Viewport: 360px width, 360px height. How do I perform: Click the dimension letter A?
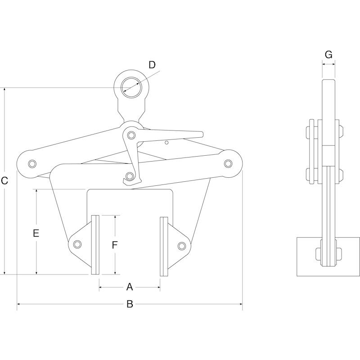[130, 287]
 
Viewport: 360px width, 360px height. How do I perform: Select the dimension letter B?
[130, 304]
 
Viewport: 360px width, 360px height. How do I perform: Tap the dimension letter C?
[4, 181]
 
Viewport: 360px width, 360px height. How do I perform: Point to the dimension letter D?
[152, 65]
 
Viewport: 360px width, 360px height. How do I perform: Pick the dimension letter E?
[36, 233]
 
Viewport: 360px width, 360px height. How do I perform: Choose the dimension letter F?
[115, 245]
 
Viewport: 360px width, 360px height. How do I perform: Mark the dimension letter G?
[328, 54]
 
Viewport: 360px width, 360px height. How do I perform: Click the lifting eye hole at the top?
[131, 87]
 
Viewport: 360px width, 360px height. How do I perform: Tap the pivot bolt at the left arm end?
[32, 164]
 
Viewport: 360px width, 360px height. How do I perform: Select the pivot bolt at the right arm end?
[228, 163]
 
